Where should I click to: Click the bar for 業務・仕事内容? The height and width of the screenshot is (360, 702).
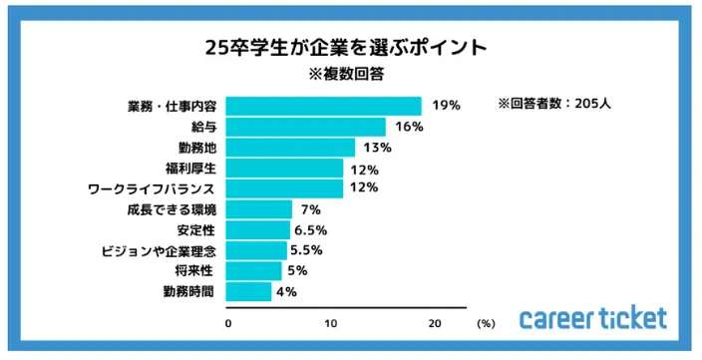(x=325, y=106)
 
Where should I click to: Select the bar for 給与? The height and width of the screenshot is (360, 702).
(x=307, y=127)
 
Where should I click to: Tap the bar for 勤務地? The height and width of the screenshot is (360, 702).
(x=292, y=148)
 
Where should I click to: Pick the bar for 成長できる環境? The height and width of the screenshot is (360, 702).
(x=261, y=209)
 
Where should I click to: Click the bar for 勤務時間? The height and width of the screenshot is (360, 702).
(x=250, y=291)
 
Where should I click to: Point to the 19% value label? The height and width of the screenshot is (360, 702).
(x=445, y=106)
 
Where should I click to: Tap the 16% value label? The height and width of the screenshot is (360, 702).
(x=410, y=127)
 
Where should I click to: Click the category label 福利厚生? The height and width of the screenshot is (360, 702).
(x=190, y=169)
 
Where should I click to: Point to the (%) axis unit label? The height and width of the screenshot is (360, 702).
(x=486, y=324)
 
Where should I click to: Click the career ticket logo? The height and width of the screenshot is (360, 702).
(x=592, y=318)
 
